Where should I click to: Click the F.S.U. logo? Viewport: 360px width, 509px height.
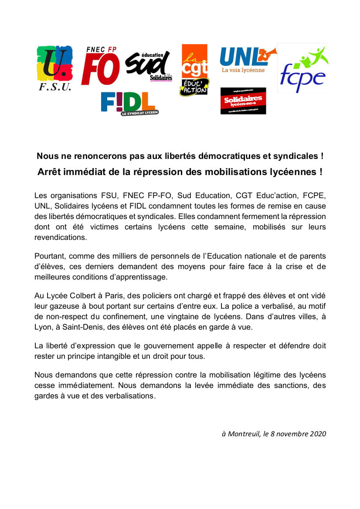pyautogui.click(x=54, y=67)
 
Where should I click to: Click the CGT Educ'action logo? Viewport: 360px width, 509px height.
pyautogui.click(x=194, y=70)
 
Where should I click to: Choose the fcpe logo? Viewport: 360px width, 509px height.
pyautogui.click(x=303, y=68)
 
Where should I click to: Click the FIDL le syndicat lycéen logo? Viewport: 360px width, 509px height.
pyautogui.click(x=129, y=104)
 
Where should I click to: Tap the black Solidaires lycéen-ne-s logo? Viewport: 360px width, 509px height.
pyautogui.click(x=243, y=101)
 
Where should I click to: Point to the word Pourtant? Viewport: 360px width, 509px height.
pyautogui.click(x=49, y=256)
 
